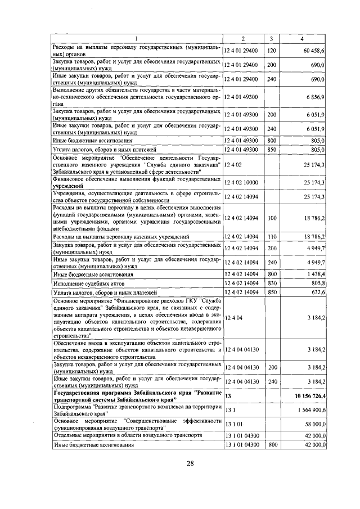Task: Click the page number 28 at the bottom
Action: [x=190, y=463]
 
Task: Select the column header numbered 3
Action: [x=271, y=38]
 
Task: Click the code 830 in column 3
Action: [x=272, y=283]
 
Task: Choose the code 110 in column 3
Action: [x=272, y=237]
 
